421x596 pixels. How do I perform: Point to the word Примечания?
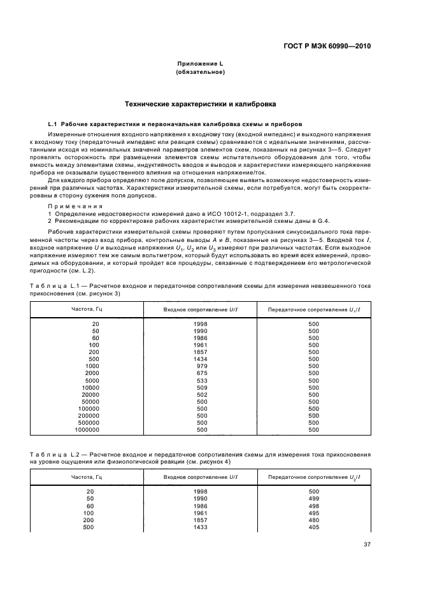pyautogui.click(x=71, y=207)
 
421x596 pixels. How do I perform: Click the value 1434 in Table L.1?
pyautogui.click(x=201, y=359)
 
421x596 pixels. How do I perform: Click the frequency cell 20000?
pyautogui.click(x=90, y=395)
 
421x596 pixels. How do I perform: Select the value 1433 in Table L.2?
pyautogui.click(x=201, y=527)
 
